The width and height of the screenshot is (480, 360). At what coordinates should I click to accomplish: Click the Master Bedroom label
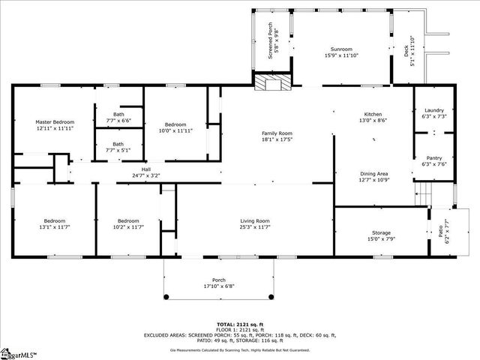click(55, 121)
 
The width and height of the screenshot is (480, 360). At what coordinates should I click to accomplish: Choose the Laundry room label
click(434, 110)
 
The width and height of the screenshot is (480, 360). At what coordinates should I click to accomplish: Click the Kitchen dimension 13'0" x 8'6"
click(373, 120)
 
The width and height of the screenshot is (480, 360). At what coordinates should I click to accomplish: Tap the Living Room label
click(255, 220)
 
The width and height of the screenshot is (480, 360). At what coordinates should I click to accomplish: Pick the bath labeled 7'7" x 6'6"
click(118, 115)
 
